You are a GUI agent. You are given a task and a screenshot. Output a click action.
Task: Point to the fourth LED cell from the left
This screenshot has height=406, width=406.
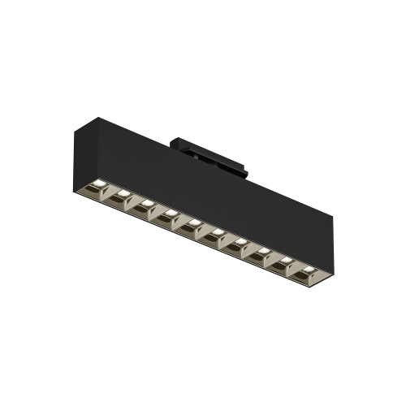pyautogui.click(x=170, y=215)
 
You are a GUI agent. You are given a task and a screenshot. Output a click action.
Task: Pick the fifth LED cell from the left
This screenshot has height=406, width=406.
pyautogui.click(x=193, y=226)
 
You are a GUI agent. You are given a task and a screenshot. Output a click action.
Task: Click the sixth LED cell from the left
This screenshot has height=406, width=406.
pyautogui.click(x=216, y=236)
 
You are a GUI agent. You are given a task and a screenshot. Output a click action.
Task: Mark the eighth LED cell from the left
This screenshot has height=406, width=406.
pyautogui.click(x=262, y=257)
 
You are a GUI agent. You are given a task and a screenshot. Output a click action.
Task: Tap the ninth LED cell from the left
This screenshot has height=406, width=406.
pyautogui.click(x=285, y=267)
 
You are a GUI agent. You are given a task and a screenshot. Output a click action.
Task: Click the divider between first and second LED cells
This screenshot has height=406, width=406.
pyautogui.click(x=111, y=190)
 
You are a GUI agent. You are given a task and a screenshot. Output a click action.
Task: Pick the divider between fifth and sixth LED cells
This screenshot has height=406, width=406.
pyautogui.click(x=205, y=232)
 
